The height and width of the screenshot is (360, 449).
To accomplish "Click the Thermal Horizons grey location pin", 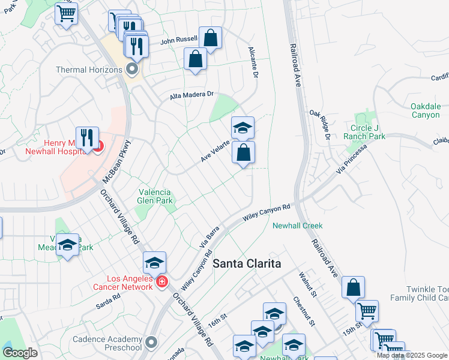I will click(132, 70).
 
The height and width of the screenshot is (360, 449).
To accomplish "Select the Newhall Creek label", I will click(298, 226).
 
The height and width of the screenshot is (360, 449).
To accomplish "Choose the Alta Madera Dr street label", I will click(191, 95).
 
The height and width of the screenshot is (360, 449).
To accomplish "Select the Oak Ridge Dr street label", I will click(320, 124).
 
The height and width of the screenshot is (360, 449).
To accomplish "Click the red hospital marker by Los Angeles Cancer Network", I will click(161, 282).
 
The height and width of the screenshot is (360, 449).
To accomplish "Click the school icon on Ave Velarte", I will click(243, 127).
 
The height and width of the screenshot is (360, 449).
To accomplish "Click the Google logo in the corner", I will click(20, 352).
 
